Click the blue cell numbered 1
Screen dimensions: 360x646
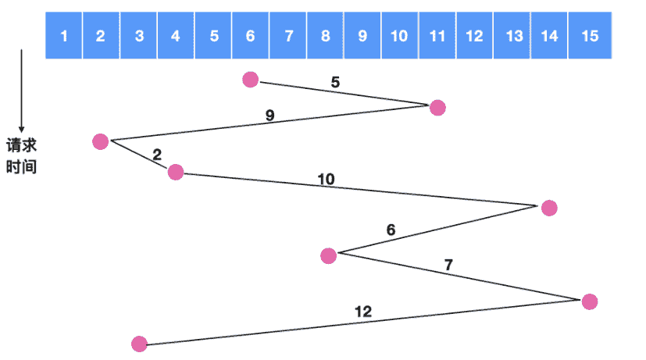(64, 36)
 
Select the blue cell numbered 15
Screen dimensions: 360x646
(591, 36)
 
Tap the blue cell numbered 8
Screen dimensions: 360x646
(325, 36)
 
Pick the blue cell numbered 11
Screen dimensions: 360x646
(437, 36)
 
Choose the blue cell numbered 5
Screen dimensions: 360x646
(213, 36)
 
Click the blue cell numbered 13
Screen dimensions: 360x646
(513, 36)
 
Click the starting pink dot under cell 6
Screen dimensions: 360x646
(250, 79)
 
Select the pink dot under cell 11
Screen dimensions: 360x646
(437, 107)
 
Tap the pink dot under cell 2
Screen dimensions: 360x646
(100, 141)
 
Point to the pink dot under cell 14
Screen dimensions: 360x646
(549, 208)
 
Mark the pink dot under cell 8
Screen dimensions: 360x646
(328, 255)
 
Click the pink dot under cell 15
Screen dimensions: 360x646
(590, 301)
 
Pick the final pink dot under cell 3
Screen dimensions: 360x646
(139, 343)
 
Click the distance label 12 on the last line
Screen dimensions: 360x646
(363, 312)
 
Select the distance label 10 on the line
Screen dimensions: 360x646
(326, 179)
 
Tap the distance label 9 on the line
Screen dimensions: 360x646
(269, 116)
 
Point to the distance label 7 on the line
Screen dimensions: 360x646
(448, 265)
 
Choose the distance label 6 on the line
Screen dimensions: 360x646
(391, 230)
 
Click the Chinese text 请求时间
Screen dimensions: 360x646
(22, 155)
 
